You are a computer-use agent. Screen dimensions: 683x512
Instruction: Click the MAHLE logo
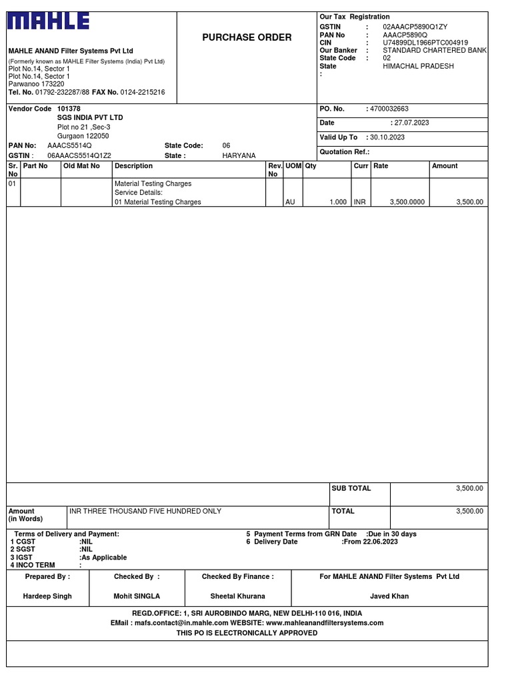48,23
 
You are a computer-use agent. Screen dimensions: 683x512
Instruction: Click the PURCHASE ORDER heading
247,37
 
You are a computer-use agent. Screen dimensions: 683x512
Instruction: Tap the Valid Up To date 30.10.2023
389,137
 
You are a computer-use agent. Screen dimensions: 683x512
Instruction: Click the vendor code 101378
69,109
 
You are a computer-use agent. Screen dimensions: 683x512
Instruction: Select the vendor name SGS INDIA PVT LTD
90,117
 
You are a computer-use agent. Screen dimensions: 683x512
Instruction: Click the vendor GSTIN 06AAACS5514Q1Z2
79,155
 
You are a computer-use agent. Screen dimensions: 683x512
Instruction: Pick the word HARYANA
239,155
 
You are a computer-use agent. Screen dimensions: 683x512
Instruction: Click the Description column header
133,166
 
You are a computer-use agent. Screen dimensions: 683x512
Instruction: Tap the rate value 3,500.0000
407,202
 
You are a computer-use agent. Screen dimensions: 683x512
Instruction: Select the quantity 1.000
338,202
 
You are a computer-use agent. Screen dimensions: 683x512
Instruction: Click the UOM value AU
290,202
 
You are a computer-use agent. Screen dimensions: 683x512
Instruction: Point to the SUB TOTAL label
351,489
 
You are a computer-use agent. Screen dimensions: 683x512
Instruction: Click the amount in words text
145,512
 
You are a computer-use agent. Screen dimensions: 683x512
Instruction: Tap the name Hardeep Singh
47,596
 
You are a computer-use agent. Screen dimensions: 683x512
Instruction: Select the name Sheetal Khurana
237,596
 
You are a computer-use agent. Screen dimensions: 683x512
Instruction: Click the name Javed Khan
389,596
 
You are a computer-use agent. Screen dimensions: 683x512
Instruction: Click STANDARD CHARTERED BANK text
435,51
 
